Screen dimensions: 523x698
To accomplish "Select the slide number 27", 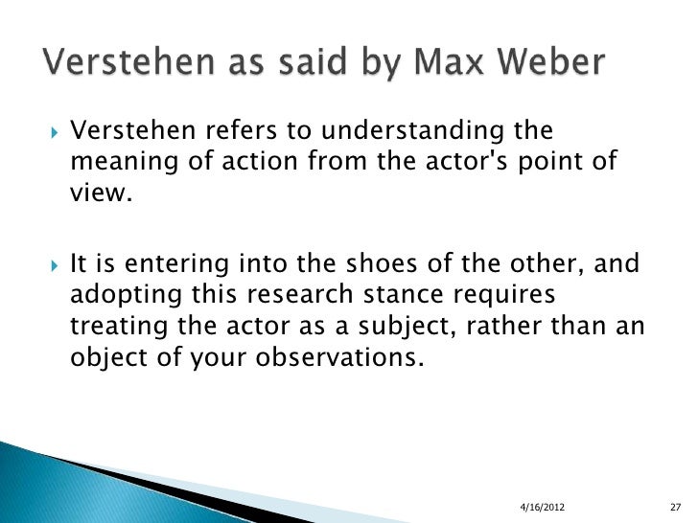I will pyautogui.click(x=674, y=505).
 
